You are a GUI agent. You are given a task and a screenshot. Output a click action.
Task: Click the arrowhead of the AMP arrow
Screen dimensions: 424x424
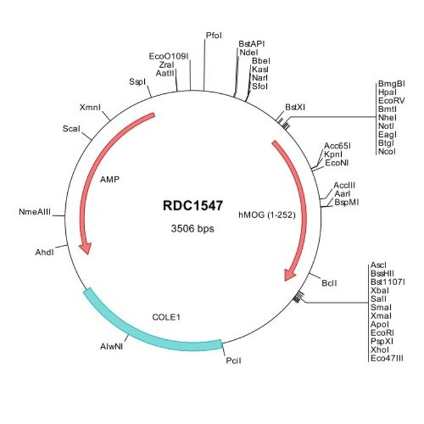84,249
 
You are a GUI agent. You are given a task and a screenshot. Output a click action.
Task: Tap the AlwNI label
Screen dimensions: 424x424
112,346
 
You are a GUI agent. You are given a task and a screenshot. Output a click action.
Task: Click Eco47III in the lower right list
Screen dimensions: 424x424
387,357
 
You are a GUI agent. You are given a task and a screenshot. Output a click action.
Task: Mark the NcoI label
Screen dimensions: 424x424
386,151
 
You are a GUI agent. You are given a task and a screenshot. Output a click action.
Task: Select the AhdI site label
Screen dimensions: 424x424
44,252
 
